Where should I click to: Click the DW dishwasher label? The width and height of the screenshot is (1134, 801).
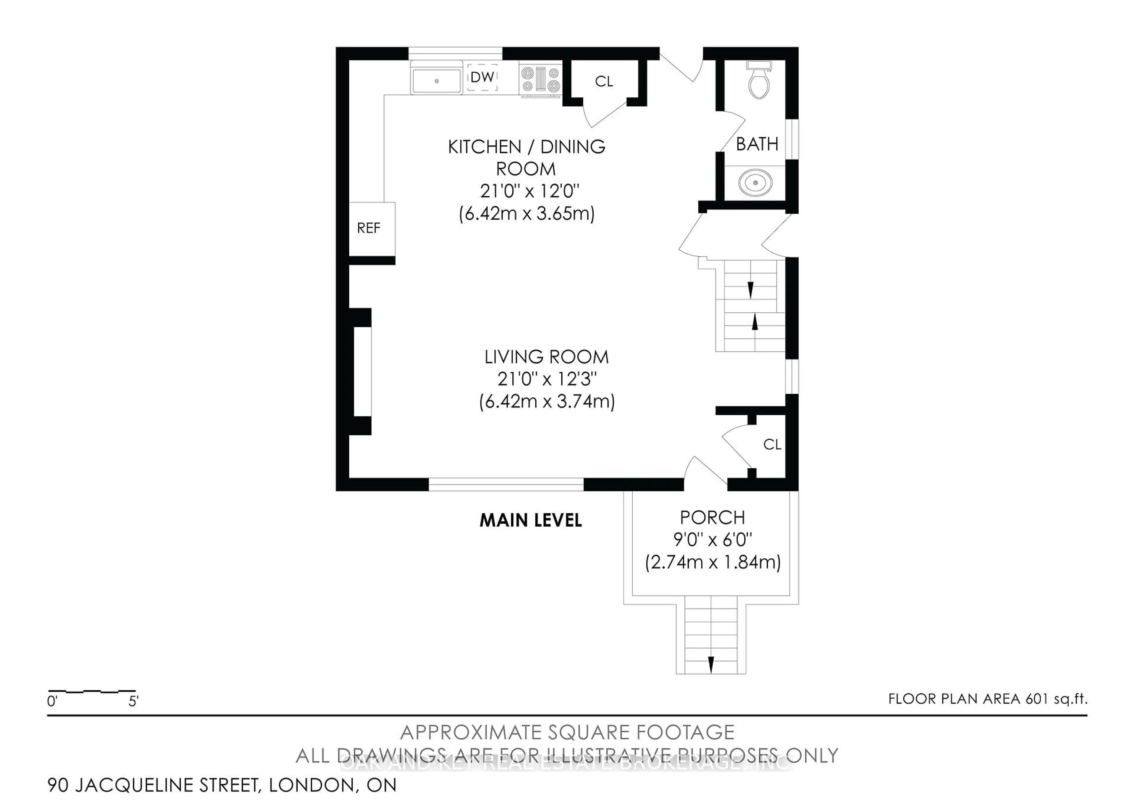click(x=482, y=77)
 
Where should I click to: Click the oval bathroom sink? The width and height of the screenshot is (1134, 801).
click(x=755, y=183)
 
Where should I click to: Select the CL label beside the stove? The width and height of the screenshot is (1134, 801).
click(x=604, y=81)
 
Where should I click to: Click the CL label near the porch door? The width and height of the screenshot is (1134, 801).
click(x=772, y=445)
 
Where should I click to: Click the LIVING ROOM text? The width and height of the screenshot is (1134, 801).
click(x=546, y=357)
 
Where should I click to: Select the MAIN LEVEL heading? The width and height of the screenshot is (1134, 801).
click(x=530, y=520)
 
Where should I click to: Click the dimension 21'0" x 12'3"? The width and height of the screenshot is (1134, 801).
click(x=547, y=379)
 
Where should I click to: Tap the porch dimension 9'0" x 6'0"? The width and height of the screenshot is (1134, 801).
click(x=712, y=540)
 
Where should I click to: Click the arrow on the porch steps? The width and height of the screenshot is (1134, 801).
click(x=711, y=664)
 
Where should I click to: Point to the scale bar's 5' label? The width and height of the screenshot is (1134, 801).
click(x=133, y=701)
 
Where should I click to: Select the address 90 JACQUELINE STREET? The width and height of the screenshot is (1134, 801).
click(x=153, y=785)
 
